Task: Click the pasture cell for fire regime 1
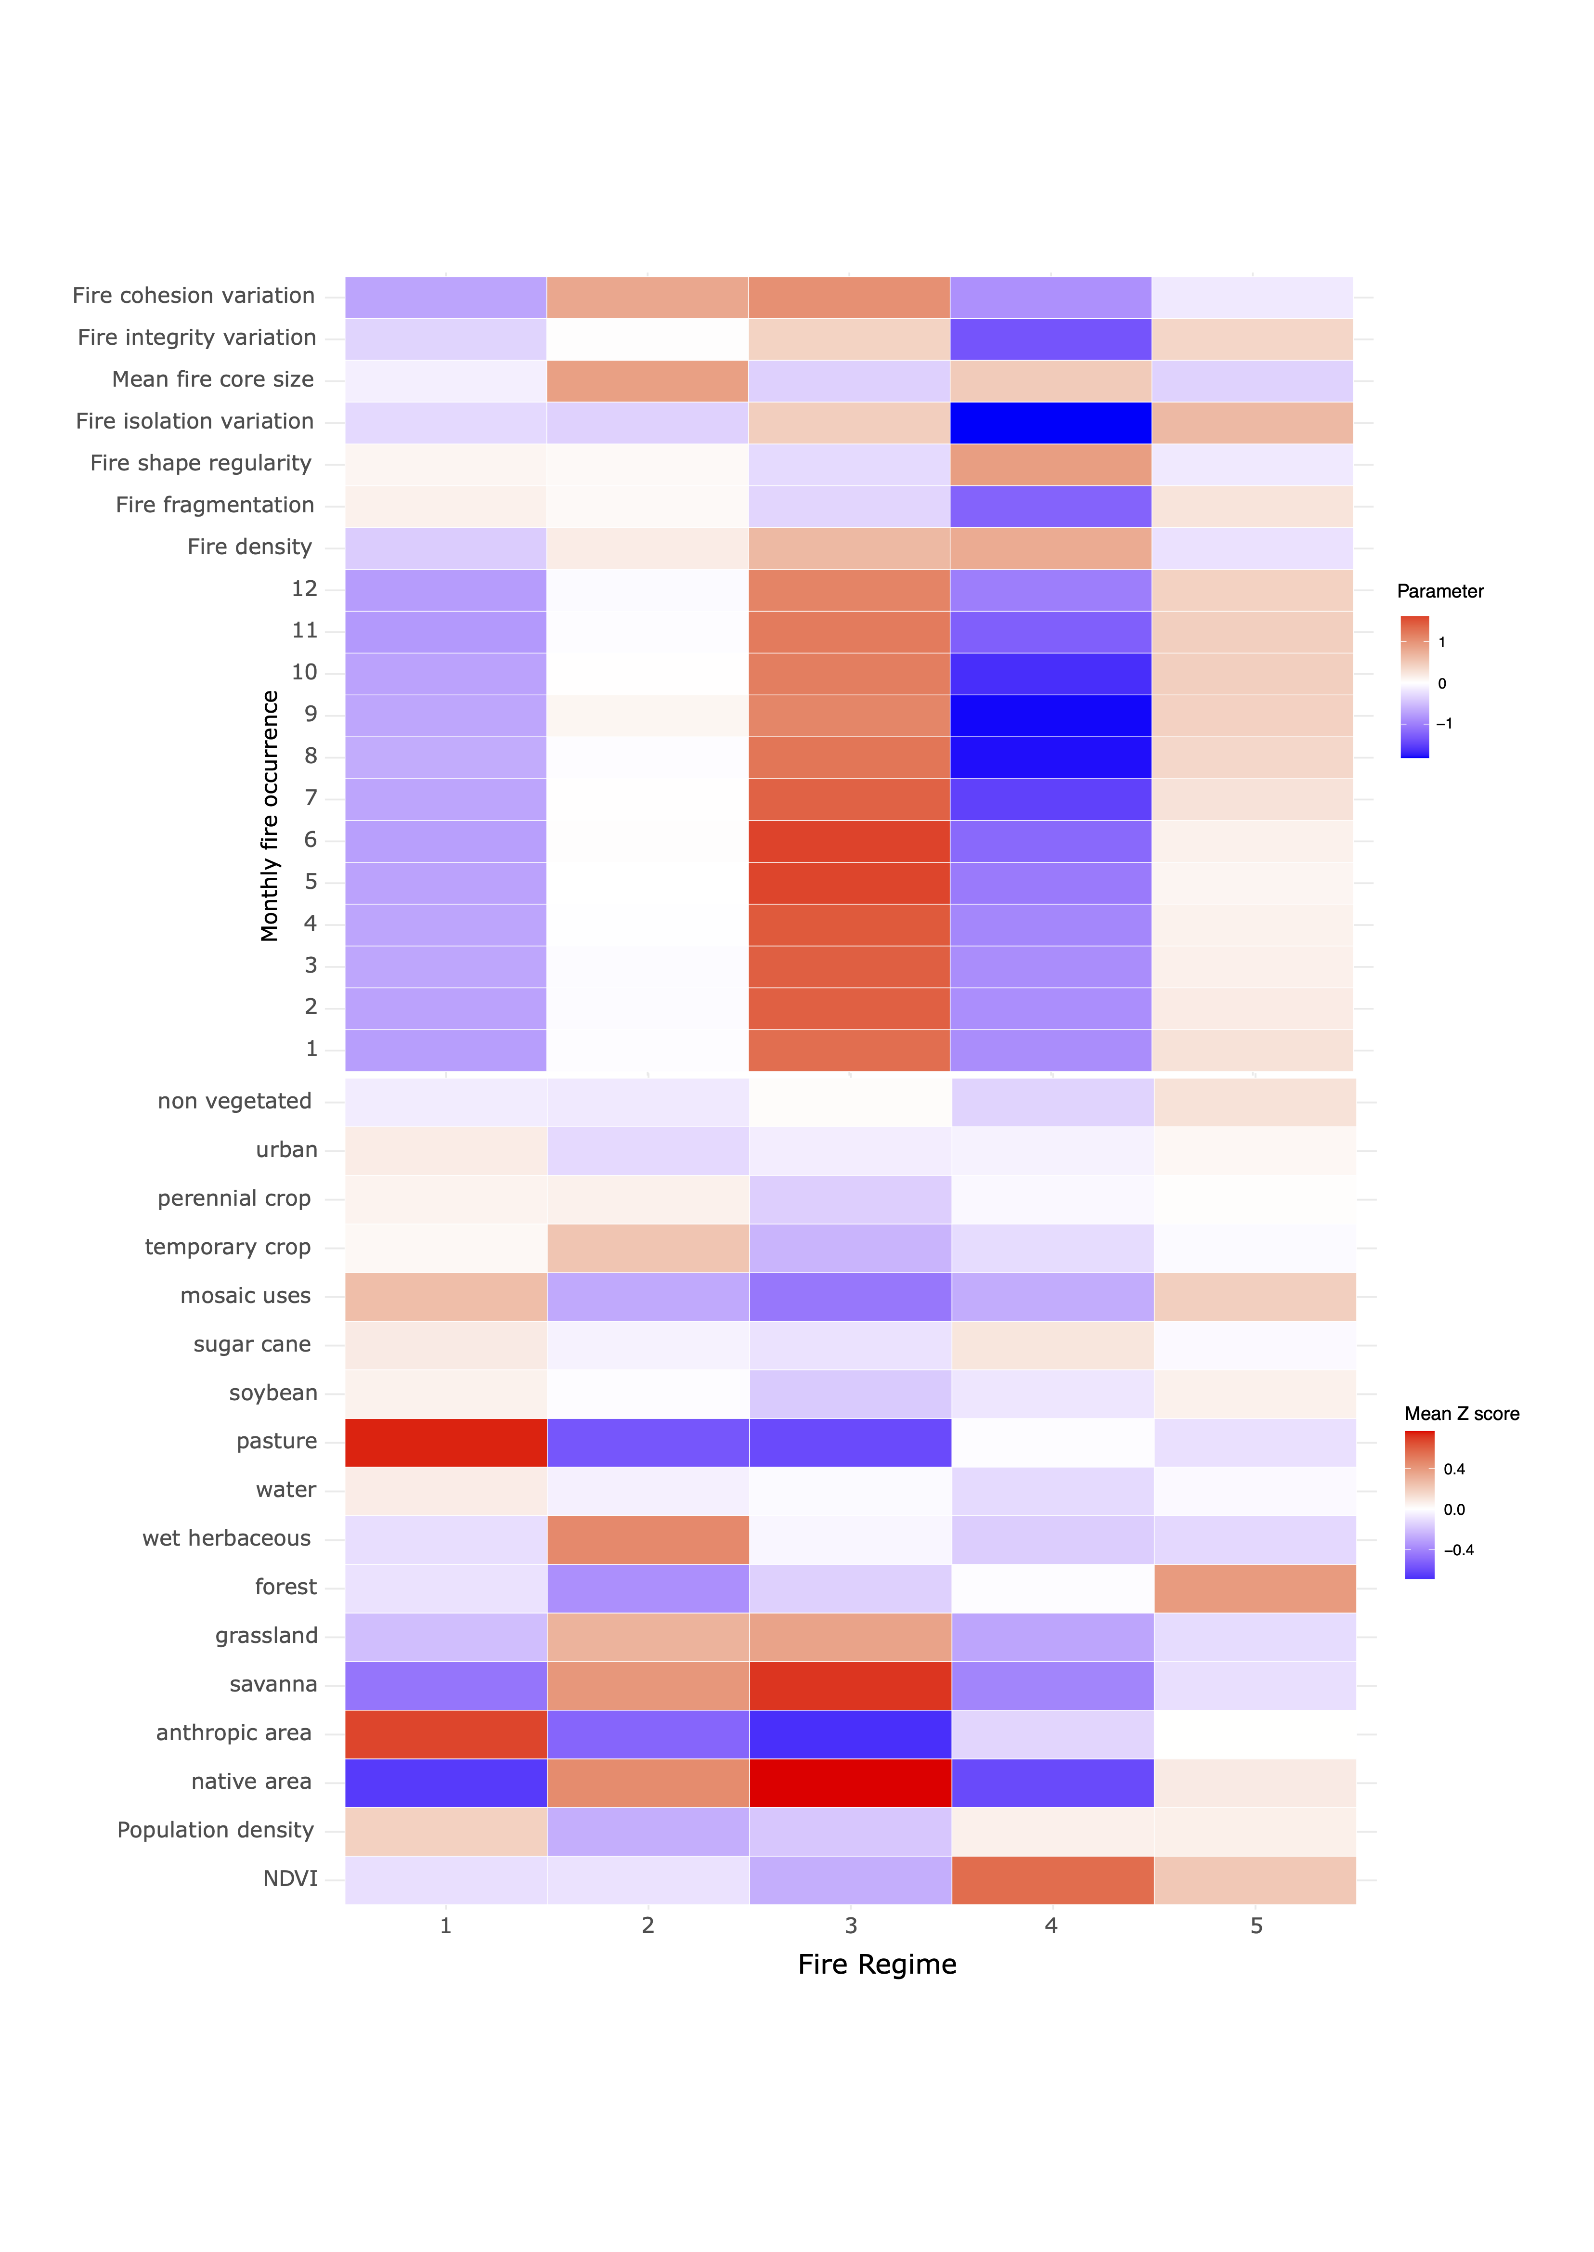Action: [x=446, y=1442]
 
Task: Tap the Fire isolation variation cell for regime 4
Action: [x=1050, y=423]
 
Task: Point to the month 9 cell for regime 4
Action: [x=1050, y=716]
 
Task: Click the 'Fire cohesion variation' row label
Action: [x=194, y=296]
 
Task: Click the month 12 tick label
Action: [x=304, y=589]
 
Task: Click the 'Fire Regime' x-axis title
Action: [x=877, y=1965]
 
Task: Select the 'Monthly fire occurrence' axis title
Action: [x=269, y=816]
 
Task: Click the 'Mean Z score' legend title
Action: [x=1462, y=1414]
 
